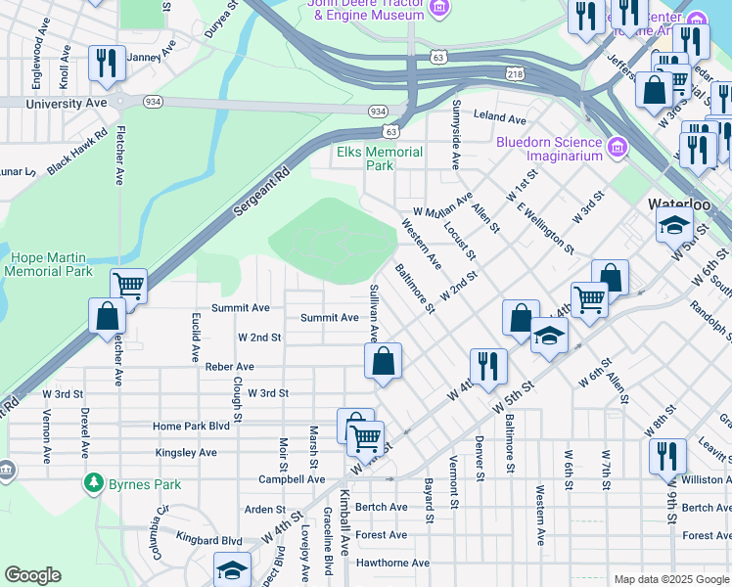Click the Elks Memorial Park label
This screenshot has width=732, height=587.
click(380, 158)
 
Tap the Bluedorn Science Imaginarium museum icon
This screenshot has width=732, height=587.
click(617, 148)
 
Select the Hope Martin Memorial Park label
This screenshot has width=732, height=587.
click(49, 264)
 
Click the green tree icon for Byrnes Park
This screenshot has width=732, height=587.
click(93, 481)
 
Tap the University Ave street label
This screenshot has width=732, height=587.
click(67, 103)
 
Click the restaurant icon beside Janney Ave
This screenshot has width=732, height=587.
click(103, 63)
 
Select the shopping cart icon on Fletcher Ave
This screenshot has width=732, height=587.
click(129, 285)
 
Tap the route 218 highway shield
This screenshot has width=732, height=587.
click(516, 74)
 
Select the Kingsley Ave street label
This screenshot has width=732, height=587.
click(186, 453)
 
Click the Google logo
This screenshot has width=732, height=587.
click(33, 574)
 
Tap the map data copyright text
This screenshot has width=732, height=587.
click(670, 579)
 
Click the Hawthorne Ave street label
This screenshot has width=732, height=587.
click(393, 563)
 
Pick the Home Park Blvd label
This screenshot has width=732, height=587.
click(191, 427)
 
